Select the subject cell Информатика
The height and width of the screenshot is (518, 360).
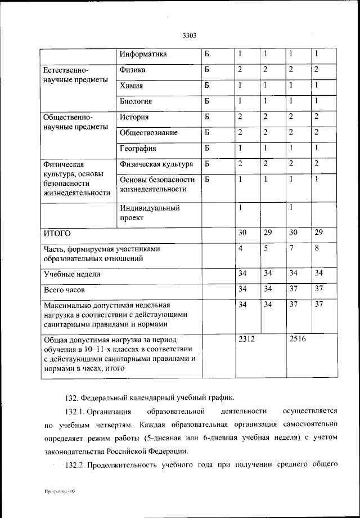[x=143, y=55]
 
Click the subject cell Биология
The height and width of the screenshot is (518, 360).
[x=136, y=101]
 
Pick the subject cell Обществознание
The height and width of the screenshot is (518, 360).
[x=148, y=133]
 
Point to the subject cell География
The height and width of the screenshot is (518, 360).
[x=138, y=149]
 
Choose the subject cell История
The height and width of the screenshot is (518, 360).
[x=134, y=117]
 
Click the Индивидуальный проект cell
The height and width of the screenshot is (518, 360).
[x=150, y=213]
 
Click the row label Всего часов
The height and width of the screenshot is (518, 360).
[x=64, y=291]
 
